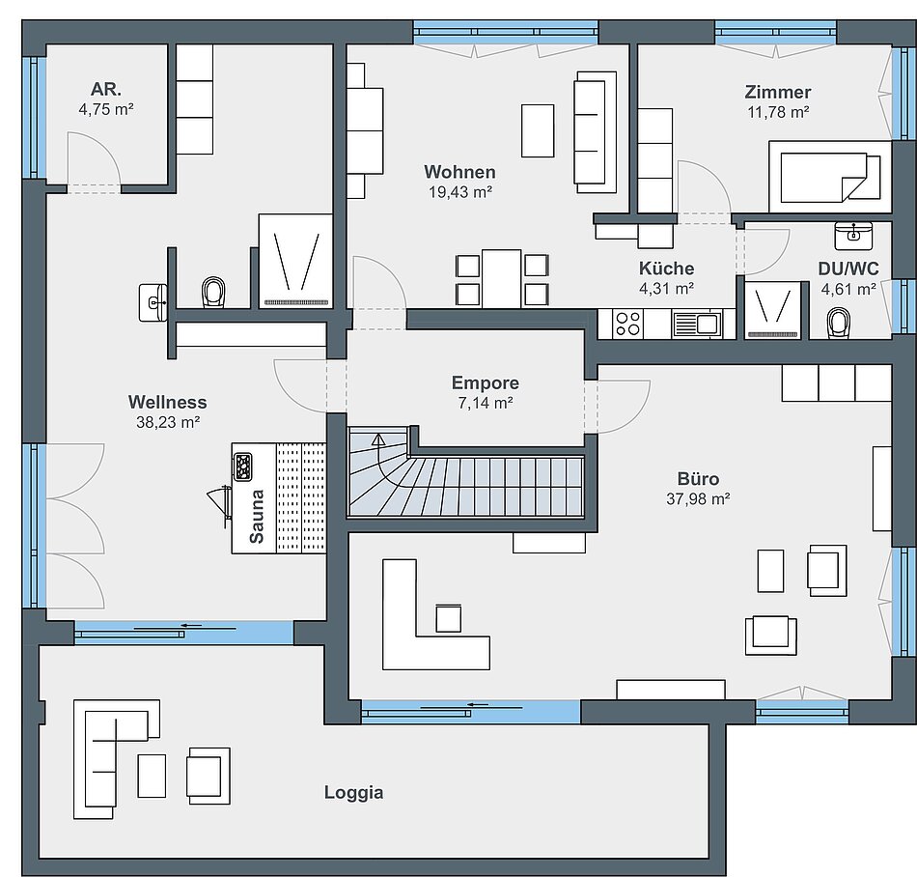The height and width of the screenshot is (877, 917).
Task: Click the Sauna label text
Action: click(257, 517)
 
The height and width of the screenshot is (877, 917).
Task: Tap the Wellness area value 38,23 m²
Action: click(168, 422)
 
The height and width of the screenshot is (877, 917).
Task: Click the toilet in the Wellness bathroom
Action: click(213, 292)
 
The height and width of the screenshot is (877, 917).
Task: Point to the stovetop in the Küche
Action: click(628, 325)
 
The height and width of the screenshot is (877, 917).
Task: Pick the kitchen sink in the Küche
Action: click(697, 325)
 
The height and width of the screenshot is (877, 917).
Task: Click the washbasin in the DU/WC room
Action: click(853, 236)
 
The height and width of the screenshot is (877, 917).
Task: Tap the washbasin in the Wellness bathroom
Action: click(153, 302)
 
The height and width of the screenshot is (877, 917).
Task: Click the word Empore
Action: click(486, 382)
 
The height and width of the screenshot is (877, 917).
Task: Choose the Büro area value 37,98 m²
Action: click(698, 498)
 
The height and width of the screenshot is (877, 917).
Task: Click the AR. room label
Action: click(106, 89)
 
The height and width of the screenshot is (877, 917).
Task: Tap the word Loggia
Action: click(354, 793)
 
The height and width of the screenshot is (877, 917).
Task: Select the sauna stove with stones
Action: click(242, 467)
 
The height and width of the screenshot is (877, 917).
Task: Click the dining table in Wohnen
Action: click(501, 278)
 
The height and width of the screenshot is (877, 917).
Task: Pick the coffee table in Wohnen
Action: click(538, 130)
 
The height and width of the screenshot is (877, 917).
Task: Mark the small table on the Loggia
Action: click(152, 776)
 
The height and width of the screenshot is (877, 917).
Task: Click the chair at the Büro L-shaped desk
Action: click(449, 618)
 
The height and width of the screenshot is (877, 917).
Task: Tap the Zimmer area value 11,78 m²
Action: click(778, 112)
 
